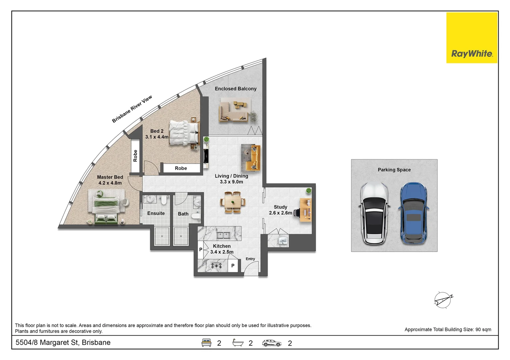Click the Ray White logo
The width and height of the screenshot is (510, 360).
472,38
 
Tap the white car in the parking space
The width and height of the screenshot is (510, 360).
374,213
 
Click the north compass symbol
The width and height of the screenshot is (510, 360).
443,300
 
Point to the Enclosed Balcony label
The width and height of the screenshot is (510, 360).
235,89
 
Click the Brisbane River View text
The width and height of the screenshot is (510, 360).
132,109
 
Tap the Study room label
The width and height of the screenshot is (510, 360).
280,207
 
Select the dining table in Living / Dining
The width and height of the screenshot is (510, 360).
233,202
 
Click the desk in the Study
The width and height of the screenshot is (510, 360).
306,210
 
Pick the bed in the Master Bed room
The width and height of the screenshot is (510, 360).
106,206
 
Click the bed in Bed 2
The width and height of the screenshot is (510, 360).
183,133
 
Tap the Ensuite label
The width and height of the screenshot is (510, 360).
156,213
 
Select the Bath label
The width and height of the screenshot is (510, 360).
183,214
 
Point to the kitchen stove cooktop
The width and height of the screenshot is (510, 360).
216,266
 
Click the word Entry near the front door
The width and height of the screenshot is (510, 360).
250,259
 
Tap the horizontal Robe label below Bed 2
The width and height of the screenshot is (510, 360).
181,168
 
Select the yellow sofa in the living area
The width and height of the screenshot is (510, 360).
252,158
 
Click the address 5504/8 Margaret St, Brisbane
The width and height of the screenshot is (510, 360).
63,343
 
